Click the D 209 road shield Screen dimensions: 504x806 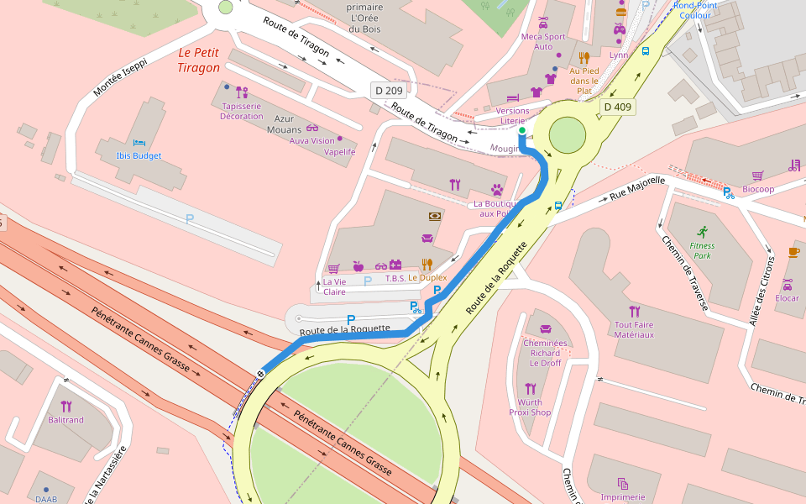pos(389,90)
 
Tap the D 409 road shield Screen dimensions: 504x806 pos(617,107)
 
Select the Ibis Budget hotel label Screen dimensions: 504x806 pos(139,156)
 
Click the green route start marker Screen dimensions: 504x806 pos(521,131)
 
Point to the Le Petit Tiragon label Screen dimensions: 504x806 pos(199,60)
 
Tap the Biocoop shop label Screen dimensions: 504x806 pos(758,189)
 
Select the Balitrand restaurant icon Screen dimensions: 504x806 pos(66,406)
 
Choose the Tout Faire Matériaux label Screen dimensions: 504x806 pos(634,329)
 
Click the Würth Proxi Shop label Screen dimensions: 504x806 pos(530,407)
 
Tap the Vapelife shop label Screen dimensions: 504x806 pos(340,152)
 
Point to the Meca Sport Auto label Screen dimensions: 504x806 pos(543,41)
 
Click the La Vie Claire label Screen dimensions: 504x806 pos(334,286)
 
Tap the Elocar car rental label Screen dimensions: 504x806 pos(788,298)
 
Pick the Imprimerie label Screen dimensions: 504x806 pos(623,496)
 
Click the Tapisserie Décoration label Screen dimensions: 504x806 pos(242,111)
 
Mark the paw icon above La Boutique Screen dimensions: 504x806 pos(497,189)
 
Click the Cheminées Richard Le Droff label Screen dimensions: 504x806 pos(546,353)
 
